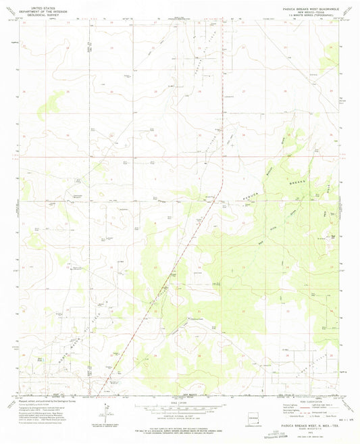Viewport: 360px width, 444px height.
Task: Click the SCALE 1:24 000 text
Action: coord(178,403)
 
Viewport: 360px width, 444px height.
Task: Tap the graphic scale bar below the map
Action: coord(178,409)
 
